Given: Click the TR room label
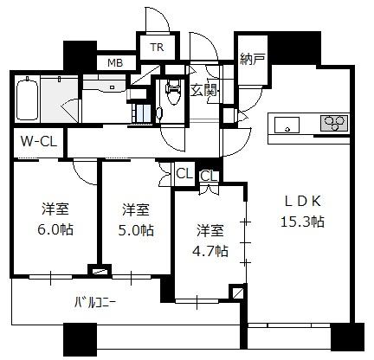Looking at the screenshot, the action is pyautogui.click(x=157, y=47).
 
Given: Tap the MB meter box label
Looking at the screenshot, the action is pyautogui.click(x=115, y=62).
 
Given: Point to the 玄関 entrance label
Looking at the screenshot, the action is pyautogui.click(x=203, y=91).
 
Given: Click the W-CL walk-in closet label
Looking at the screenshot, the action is pyautogui.click(x=39, y=142).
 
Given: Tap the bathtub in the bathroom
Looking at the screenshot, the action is pyautogui.click(x=28, y=99).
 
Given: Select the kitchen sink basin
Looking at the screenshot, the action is pyautogui.click(x=287, y=125).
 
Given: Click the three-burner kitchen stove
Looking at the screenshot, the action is pyautogui.click(x=334, y=123).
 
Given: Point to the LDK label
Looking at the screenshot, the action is pyautogui.click(x=303, y=202).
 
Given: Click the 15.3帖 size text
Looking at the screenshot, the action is pyautogui.click(x=302, y=222).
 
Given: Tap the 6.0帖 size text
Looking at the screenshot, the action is pyautogui.click(x=55, y=229).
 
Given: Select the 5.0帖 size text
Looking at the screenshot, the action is pyautogui.click(x=136, y=230).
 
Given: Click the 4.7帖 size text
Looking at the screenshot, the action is pyautogui.click(x=210, y=251).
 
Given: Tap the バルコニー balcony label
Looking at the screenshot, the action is pyautogui.click(x=95, y=303).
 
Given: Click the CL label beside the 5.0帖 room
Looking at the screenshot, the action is pyautogui.click(x=184, y=174).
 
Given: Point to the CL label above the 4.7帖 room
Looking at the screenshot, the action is pyautogui.click(x=209, y=176).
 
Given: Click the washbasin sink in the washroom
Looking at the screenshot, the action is pyautogui.click(x=105, y=85).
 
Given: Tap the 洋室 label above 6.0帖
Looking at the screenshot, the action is pyautogui.click(x=55, y=209).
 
